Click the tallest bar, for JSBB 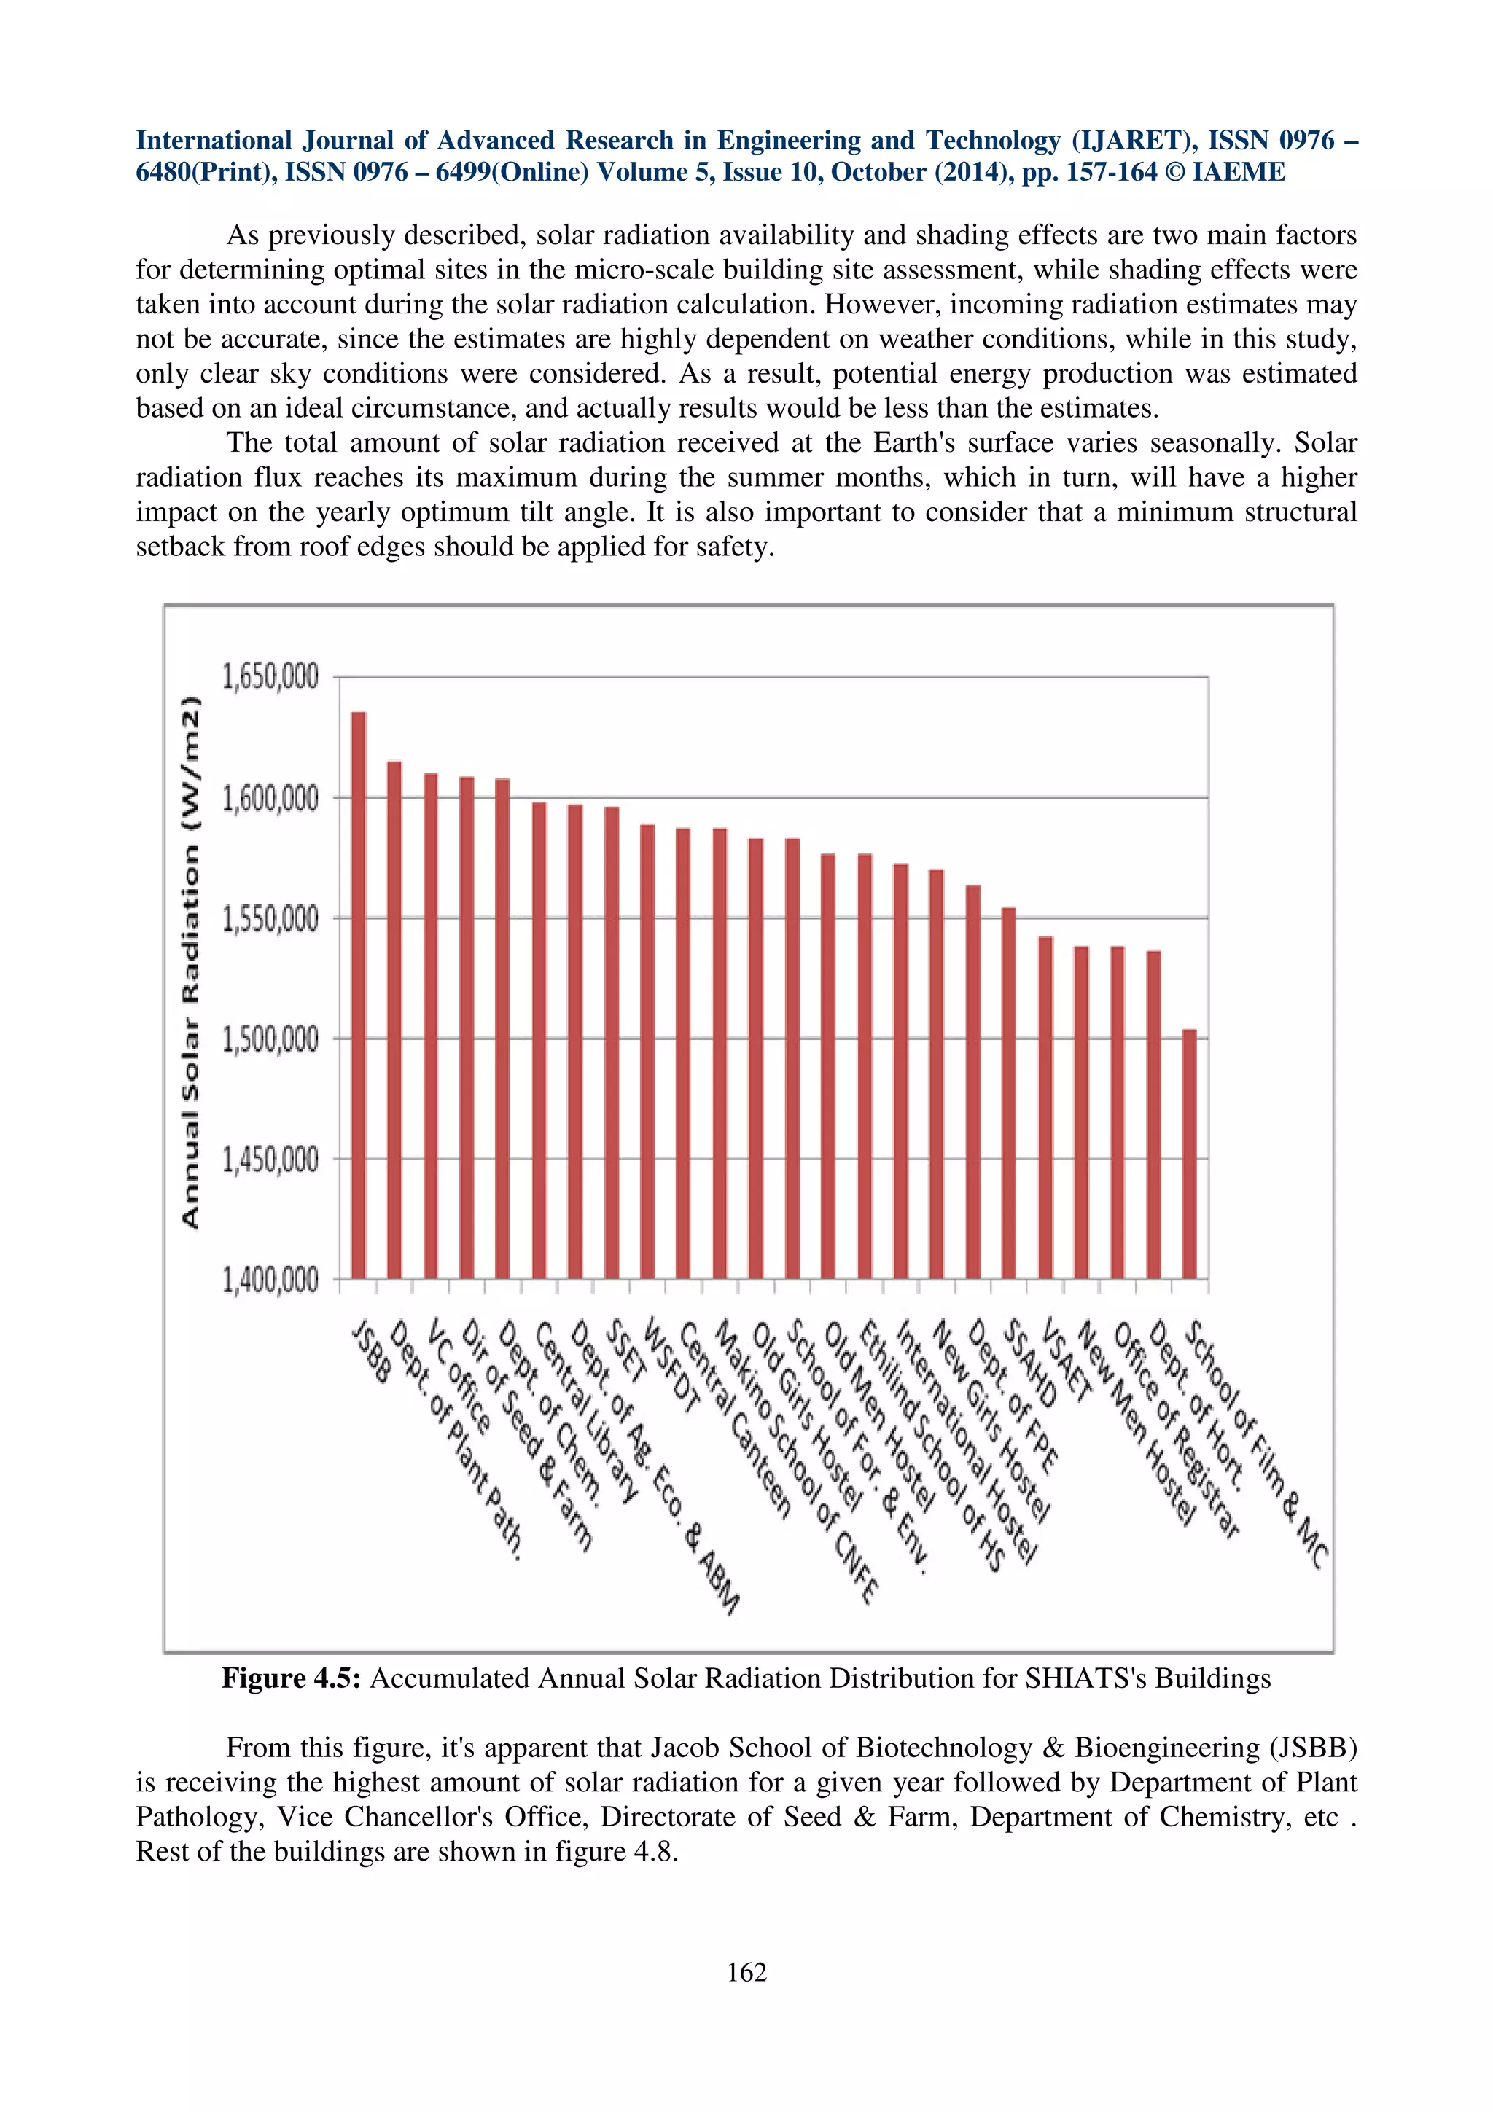359,993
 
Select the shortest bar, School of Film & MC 1190,1154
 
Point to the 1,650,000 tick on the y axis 270,677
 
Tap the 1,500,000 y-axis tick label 270,1039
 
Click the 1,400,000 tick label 270,1280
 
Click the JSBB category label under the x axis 372,1352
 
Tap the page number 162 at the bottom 746,1972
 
